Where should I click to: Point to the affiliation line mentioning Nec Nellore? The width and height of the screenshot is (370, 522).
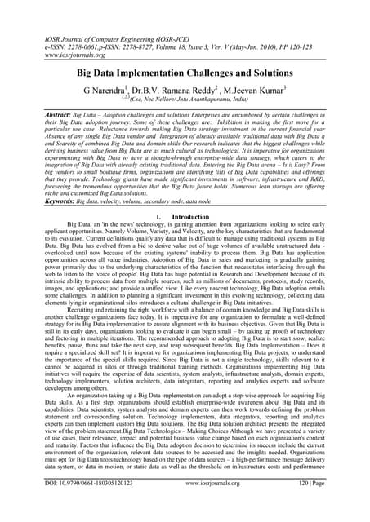pos(185,81)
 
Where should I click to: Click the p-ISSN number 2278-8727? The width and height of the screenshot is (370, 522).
pos(135,26)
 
